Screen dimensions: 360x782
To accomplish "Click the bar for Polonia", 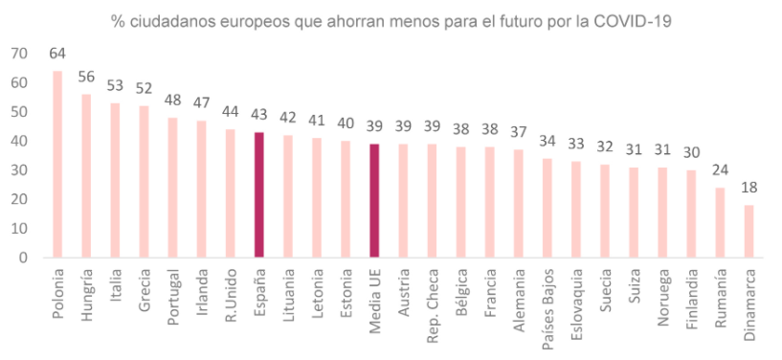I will click(57, 165).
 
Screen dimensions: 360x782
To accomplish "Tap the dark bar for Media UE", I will click(374, 201).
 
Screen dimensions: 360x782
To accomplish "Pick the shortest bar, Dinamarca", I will click(748, 232).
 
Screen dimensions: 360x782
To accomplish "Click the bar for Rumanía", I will click(720, 223).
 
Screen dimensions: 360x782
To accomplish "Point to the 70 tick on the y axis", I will click(19, 54).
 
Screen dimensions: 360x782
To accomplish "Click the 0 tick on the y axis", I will click(23, 258).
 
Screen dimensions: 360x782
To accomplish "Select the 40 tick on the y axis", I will click(19, 141).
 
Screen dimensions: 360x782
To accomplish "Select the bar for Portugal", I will click(172, 188).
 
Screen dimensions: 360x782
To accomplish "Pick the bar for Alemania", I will click(518, 204).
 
